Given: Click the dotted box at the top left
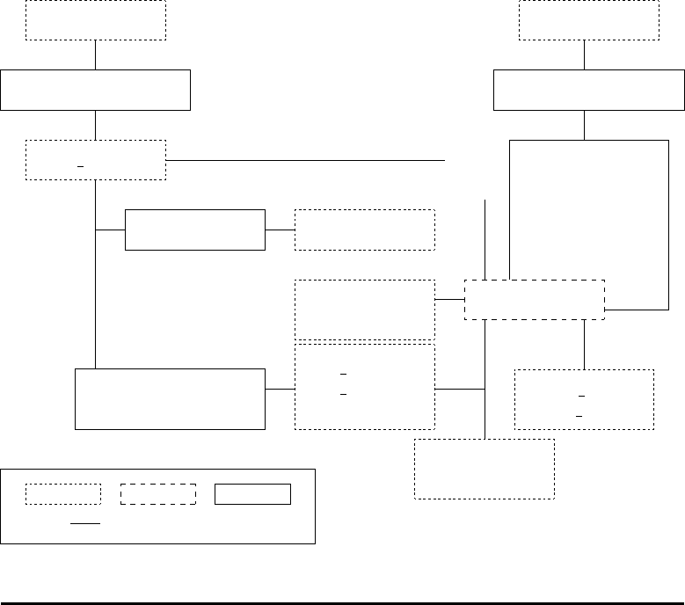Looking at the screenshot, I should point(95,20).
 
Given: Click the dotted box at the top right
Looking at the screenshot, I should point(588,20).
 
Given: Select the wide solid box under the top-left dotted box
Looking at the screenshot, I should point(95,90).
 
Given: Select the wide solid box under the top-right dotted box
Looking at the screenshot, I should point(588,90).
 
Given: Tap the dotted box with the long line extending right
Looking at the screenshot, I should point(95,160).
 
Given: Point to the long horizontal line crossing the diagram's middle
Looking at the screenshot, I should point(308,161).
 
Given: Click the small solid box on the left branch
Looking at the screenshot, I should point(194,230).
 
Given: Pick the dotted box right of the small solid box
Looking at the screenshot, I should point(364,230).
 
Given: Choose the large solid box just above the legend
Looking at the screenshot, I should point(170,399).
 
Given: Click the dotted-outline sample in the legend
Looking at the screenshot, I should point(62,494).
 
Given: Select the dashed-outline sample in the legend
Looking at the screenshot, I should point(157,494).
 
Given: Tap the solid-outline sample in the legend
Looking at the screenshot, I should point(252,494).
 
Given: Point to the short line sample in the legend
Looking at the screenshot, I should point(85,523).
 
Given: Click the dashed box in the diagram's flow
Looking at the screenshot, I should point(534,300).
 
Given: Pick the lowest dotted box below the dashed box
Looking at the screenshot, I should point(484,469).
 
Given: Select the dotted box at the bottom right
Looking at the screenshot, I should point(584,399).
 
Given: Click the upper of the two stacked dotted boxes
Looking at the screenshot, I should point(364,310).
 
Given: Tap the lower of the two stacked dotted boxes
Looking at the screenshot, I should point(364,387).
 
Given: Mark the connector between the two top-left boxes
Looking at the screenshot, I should point(95,55).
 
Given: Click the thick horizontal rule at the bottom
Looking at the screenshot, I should point(342,603).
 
